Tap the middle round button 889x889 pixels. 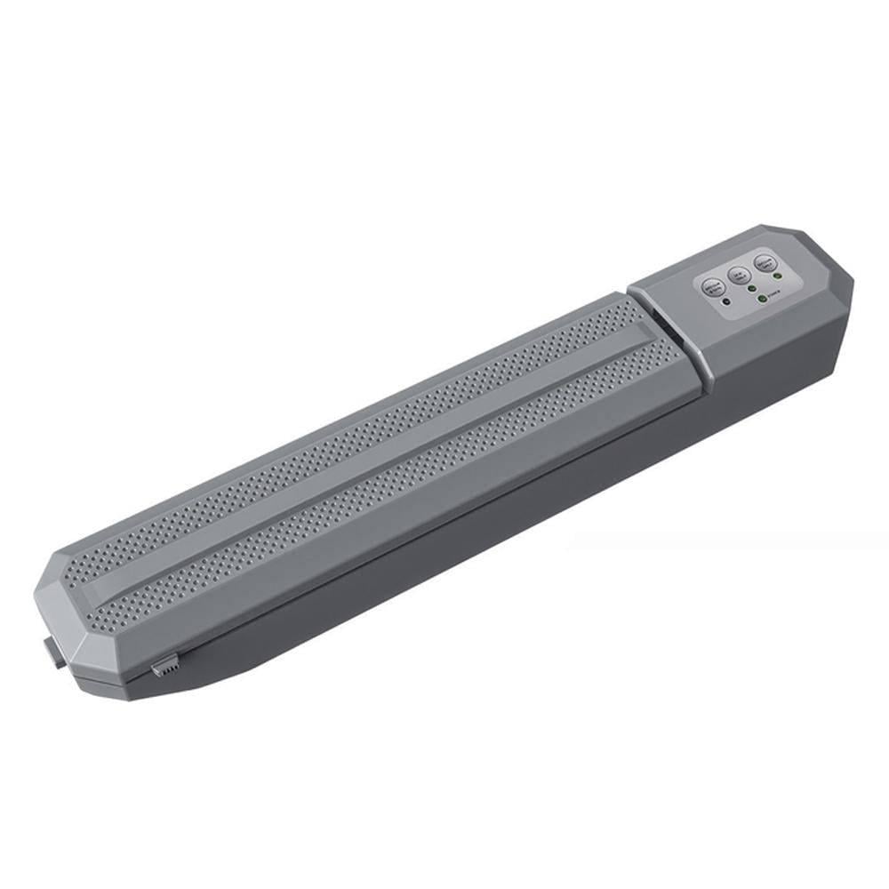click(x=739, y=275)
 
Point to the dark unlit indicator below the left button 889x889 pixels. click(x=726, y=302)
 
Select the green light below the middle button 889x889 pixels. click(x=752, y=288)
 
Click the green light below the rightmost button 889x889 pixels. click(x=778, y=276)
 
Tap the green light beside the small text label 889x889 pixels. click(x=763, y=299)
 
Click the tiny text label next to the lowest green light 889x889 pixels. click(x=775, y=292)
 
